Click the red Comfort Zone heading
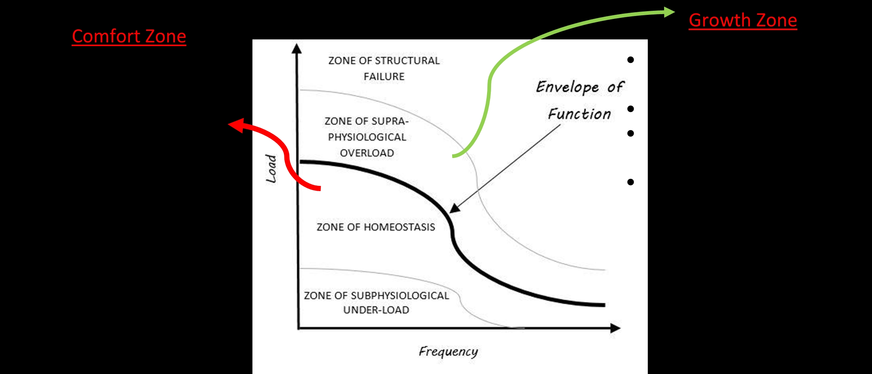pos(129,36)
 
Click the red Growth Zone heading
pos(743,20)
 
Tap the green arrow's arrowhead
pos(669,12)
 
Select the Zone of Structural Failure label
pos(384,68)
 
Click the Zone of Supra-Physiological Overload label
pos(367,137)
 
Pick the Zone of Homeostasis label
pos(376,227)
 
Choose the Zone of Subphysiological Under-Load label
pos(376,303)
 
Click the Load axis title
pos(271,168)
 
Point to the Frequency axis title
pos(448,352)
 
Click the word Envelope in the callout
pos(567,87)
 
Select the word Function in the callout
pos(579,114)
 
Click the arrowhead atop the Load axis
pos(297,49)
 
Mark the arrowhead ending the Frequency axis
pos(615,328)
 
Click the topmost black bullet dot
pos(630,59)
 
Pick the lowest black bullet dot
pos(630,182)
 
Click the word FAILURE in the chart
pos(384,77)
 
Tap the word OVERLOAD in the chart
pos(367,153)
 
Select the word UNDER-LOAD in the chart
pos(376,310)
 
